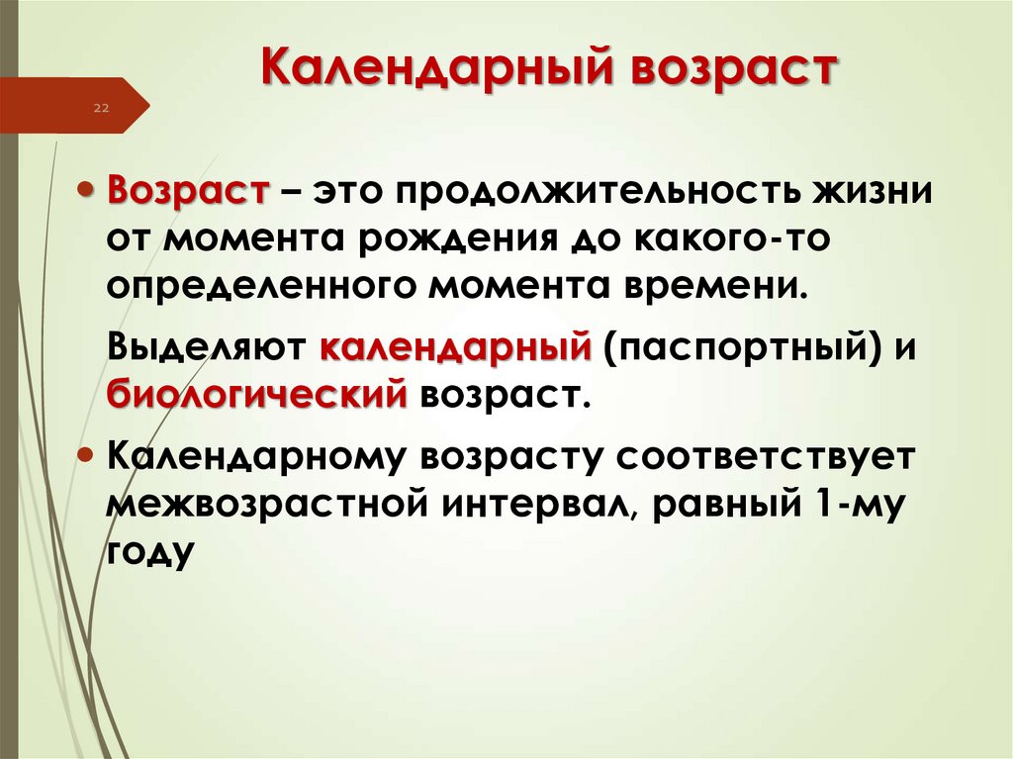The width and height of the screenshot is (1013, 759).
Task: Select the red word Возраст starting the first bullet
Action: pyautogui.click(x=187, y=190)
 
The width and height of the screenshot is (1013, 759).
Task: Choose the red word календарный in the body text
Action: pyautogui.click(x=455, y=348)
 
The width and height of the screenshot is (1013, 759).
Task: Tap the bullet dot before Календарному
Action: pyautogui.click(x=86, y=458)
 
